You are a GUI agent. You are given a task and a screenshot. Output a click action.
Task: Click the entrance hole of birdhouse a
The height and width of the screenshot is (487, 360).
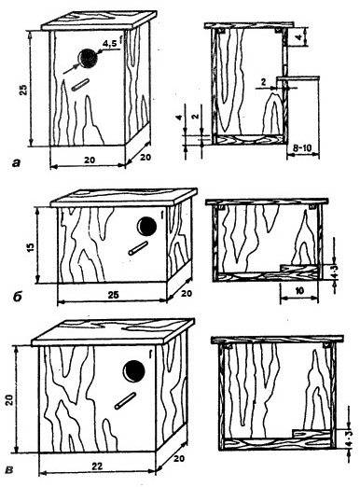click(x=88, y=59)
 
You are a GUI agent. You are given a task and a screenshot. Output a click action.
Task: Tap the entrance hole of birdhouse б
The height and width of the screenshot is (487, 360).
click(x=146, y=226)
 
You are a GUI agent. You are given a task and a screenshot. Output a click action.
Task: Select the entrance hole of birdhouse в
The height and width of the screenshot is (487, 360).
click(x=134, y=371)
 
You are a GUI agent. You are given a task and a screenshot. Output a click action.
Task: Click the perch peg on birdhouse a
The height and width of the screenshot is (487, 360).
click(x=80, y=85)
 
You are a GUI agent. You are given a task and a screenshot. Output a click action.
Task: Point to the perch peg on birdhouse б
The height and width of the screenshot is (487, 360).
click(x=138, y=248)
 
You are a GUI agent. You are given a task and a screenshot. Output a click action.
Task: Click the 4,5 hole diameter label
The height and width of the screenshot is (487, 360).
click(x=110, y=44)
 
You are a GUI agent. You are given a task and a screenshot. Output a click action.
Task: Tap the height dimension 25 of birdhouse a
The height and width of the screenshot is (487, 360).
click(x=24, y=89)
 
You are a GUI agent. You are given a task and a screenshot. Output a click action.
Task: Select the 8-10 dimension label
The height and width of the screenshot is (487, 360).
click(x=302, y=148)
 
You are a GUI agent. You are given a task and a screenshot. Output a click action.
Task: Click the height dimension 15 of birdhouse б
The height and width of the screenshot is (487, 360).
click(x=31, y=245)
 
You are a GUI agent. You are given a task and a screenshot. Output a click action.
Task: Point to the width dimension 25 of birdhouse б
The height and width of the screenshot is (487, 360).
click(x=113, y=294)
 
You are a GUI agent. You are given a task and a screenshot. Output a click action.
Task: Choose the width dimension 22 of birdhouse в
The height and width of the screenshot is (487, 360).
click(x=97, y=466)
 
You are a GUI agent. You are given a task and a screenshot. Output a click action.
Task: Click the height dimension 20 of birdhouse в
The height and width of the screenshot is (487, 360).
click(x=9, y=399)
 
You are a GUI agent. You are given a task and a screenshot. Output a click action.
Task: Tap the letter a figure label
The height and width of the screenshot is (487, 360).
click(x=16, y=162)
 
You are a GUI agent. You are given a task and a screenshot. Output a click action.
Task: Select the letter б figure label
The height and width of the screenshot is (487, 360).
click(x=18, y=297)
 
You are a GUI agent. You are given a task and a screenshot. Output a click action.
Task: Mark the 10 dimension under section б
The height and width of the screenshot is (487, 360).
click(x=299, y=291)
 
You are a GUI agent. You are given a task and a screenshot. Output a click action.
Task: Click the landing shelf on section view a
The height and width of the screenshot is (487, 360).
click(x=298, y=78)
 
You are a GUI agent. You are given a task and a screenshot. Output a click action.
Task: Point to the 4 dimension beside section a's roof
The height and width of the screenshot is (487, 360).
click(x=298, y=36)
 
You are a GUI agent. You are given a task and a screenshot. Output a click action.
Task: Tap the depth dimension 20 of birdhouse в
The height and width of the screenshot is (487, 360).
click(x=179, y=459)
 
